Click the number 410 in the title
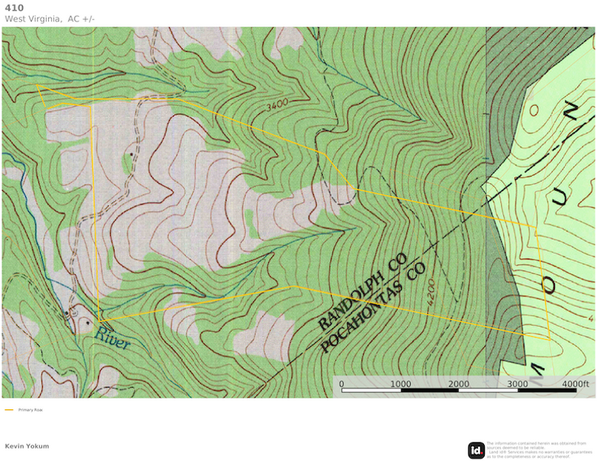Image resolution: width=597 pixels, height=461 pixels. (x=14, y=7)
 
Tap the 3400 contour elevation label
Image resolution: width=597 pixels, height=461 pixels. (x=277, y=106)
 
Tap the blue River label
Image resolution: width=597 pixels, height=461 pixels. (x=112, y=339)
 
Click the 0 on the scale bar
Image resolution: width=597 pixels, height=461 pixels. (x=341, y=384)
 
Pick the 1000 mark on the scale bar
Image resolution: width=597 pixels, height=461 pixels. (x=400, y=384)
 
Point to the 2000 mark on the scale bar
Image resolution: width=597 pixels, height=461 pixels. (x=458, y=384)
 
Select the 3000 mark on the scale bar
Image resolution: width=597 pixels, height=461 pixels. (x=517, y=384)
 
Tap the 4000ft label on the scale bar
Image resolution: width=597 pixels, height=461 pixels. (x=574, y=384)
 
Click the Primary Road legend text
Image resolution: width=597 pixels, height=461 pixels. (x=30, y=409)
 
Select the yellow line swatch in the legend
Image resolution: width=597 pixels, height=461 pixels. (x=10, y=409)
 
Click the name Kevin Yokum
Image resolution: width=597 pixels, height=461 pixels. (x=27, y=446)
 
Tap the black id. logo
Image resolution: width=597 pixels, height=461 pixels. (x=476, y=450)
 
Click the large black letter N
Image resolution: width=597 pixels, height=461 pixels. (x=570, y=112)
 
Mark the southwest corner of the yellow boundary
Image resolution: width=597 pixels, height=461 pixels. (x=99, y=319)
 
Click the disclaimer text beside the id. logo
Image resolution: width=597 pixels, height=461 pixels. (x=539, y=449)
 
